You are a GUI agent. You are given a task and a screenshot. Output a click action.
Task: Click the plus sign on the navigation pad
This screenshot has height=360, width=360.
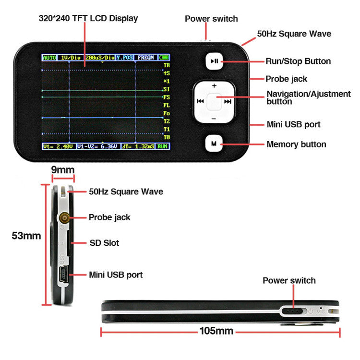[x=214, y=86]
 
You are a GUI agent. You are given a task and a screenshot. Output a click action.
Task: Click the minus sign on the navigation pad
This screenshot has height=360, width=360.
[x=214, y=118]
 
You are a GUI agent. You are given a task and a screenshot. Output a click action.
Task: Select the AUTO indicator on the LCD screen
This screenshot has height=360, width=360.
[x=49, y=58]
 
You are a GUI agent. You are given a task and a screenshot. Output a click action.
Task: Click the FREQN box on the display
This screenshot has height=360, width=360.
[x=145, y=58]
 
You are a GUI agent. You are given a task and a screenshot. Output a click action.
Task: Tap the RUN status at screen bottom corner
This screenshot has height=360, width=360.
[x=163, y=145]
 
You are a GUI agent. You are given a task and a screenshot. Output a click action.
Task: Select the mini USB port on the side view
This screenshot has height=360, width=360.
[x=63, y=275]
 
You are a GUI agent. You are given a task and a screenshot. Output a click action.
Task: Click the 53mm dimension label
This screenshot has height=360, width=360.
[x=25, y=236]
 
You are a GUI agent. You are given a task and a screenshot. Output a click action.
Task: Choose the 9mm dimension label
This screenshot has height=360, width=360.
[x=63, y=169]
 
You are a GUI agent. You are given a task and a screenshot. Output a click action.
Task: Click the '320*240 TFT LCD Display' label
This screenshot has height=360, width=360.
[x=88, y=19]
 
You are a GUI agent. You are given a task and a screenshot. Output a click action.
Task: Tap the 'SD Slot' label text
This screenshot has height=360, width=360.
[x=105, y=243]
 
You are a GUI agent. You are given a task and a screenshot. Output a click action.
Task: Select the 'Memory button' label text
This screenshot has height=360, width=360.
[x=296, y=144]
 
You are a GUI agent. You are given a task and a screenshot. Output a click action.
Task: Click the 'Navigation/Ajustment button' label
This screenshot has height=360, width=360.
[x=309, y=97]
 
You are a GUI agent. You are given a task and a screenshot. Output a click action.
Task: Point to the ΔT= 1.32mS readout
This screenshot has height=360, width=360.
[x=137, y=145]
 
